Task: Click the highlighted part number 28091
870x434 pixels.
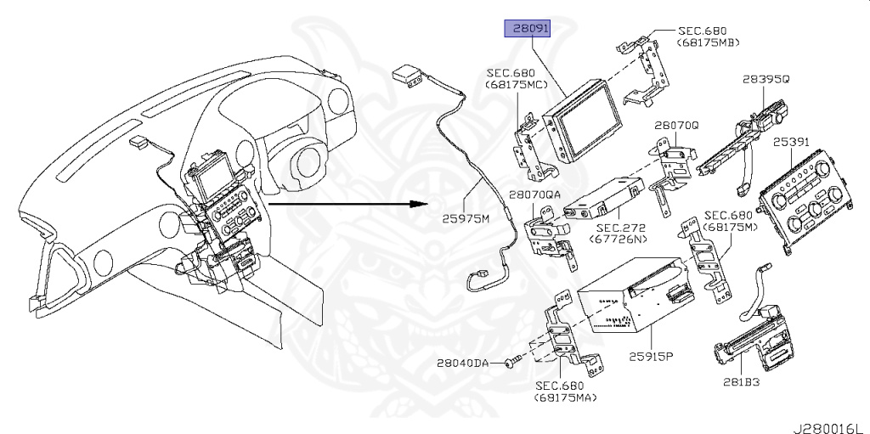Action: point(528,29)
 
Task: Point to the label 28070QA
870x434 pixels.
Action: point(535,194)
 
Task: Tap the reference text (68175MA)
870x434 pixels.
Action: point(564,397)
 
